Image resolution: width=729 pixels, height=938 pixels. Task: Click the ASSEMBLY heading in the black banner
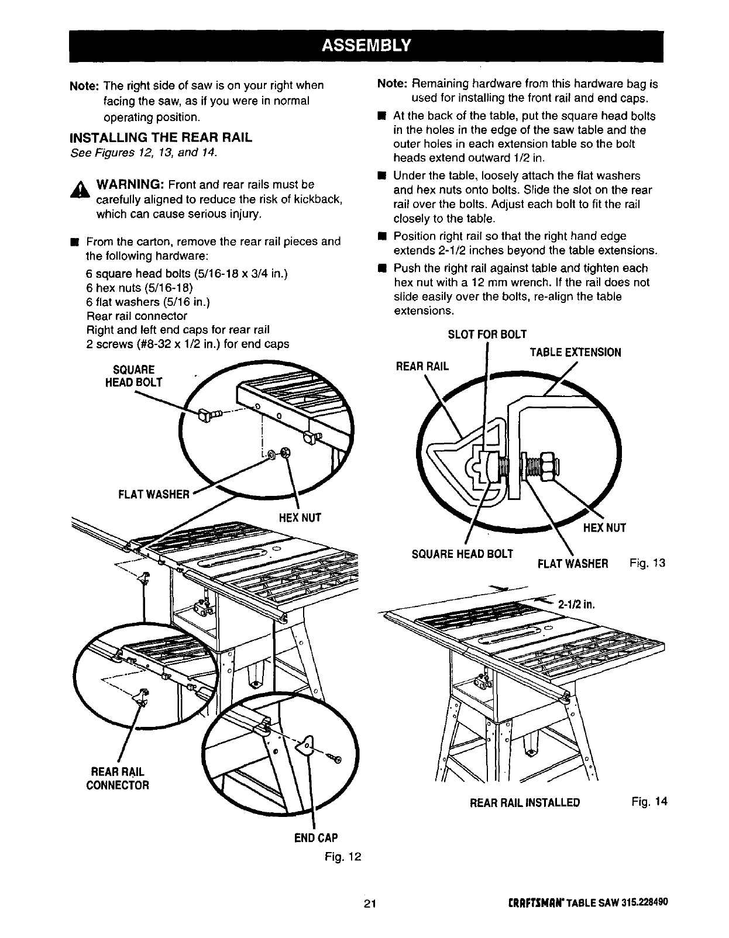365,45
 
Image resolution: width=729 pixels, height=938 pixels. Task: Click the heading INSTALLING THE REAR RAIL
160,138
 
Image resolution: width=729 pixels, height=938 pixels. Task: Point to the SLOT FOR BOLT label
487,334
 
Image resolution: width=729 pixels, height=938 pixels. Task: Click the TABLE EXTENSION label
575,352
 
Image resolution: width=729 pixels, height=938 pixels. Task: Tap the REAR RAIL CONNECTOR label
117,778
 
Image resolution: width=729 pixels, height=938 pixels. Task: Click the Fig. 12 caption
343,857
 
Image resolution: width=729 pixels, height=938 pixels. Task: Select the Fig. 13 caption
648,563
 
